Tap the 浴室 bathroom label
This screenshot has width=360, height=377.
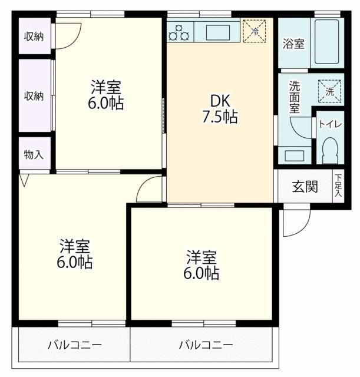point(293,43)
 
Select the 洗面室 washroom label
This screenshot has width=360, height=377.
point(295,97)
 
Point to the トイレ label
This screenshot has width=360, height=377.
point(328,124)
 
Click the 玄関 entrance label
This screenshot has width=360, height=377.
point(305,187)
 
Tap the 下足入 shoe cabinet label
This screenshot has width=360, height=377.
point(338,186)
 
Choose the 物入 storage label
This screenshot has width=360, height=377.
point(34,155)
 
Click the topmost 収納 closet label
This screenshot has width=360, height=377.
point(34,37)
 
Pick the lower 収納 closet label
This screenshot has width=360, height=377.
point(34,95)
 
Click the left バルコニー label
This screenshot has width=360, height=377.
point(74,345)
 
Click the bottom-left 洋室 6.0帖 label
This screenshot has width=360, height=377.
point(74,254)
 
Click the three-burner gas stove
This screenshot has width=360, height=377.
point(179,31)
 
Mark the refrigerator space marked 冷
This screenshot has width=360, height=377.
point(255,30)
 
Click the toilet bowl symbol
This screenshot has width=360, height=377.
point(329,150)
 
